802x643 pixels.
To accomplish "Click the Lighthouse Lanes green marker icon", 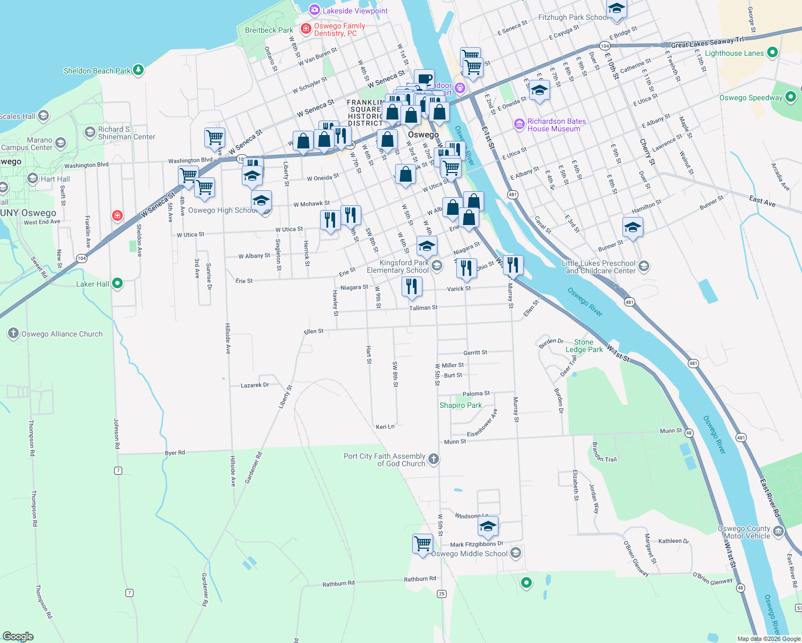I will [772, 53].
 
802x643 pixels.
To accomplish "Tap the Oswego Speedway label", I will [751, 98].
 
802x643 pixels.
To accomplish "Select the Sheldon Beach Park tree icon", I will [138, 70].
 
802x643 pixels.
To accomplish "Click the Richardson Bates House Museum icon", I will [519, 125].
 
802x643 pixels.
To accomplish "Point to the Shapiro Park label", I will [461, 405].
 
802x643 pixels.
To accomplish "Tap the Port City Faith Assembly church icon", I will [434, 459].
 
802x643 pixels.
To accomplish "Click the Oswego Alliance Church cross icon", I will [13, 333].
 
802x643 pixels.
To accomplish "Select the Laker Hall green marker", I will [117, 283].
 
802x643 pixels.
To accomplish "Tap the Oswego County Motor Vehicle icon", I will [778, 532].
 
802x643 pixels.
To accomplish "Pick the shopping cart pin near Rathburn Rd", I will [422, 543].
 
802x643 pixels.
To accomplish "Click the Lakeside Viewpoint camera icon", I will [314, 10].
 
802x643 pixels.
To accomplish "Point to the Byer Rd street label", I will [175, 453].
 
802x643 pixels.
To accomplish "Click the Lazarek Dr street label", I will [255, 385].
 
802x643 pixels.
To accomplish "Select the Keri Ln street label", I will [385, 427].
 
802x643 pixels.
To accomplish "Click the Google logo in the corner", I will [18, 636].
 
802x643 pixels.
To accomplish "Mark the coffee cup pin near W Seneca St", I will [424, 79].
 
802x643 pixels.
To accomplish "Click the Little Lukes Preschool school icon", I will [644, 266].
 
